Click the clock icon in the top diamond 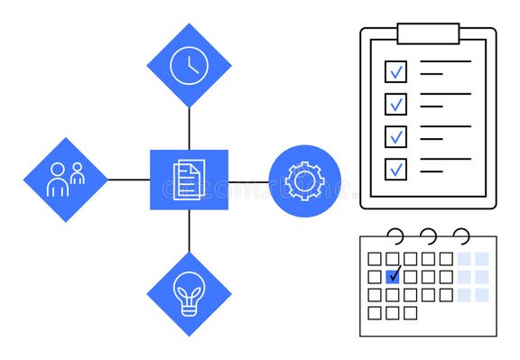(x=190, y=65)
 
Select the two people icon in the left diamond (x=66, y=180)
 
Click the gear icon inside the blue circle (x=304, y=180)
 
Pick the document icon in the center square (x=189, y=180)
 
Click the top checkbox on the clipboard (x=395, y=71)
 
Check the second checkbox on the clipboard (x=395, y=104)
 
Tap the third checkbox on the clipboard (x=395, y=136)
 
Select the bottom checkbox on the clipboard (x=395, y=169)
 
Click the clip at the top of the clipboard (x=428, y=33)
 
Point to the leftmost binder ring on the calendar (x=395, y=236)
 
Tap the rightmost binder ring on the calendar (x=461, y=236)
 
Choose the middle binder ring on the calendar (x=428, y=236)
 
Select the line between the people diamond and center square (x=128, y=180)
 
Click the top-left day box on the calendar (x=375, y=259)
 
